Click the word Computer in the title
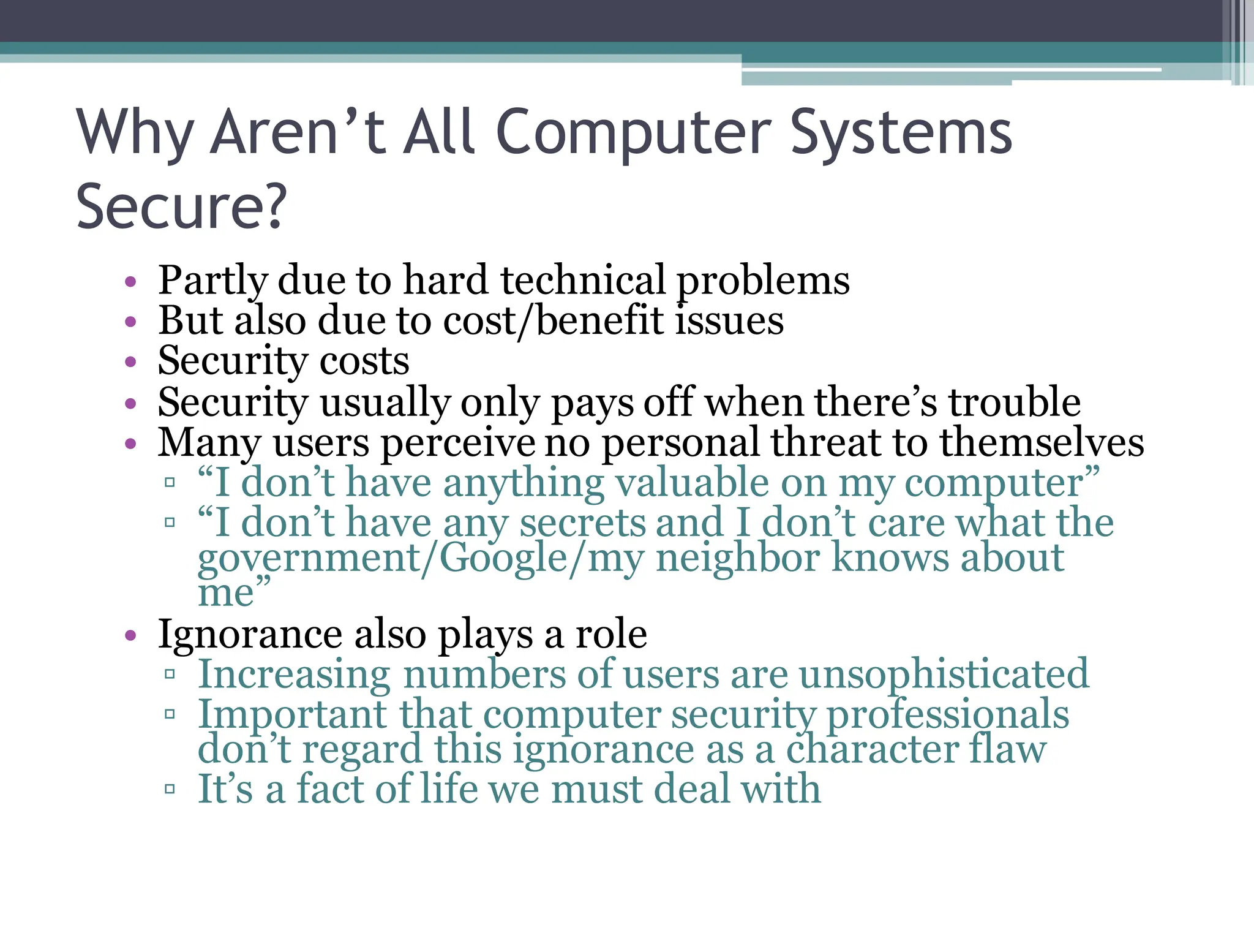(633, 133)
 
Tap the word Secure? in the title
(181, 206)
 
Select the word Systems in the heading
(901, 133)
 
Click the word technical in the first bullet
(582, 280)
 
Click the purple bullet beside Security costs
(130, 362)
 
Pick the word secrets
(581, 523)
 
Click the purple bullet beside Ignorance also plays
(130, 635)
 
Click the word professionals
(948, 714)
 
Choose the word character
(872, 749)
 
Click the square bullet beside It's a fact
(170, 789)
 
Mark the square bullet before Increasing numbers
(170, 675)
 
